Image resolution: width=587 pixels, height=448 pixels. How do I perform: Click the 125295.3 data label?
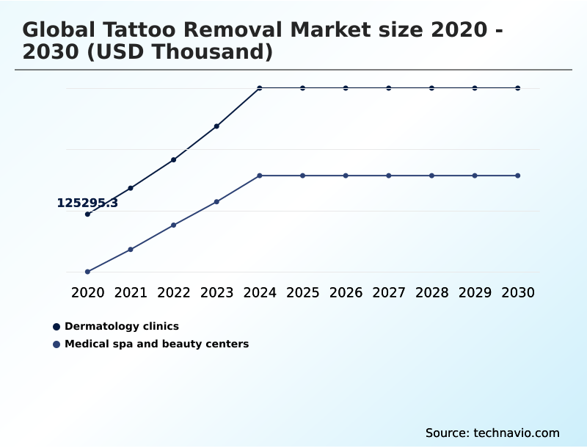(87, 203)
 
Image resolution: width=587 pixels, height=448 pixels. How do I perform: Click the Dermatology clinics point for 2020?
(87, 214)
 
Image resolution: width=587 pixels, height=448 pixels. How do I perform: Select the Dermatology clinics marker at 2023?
(216, 126)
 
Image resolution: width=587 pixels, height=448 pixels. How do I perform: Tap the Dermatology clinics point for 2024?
(260, 88)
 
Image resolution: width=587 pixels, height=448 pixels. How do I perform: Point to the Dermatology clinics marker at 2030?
(518, 88)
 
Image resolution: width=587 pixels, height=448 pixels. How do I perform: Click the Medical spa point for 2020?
(87, 272)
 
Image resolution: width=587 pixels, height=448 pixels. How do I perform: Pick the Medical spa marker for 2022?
(174, 225)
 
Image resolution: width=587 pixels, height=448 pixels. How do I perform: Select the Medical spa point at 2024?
(260, 176)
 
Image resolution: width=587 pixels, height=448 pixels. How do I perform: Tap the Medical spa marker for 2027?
(389, 176)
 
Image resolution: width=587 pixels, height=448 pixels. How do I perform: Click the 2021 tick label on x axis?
(131, 292)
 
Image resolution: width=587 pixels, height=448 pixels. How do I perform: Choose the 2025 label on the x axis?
(302, 292)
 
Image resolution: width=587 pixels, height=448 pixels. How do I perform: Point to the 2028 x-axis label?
(431, 292)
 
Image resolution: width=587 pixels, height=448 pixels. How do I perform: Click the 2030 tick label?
(518, 292)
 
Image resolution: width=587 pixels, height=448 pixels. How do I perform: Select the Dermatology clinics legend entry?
(122, 326)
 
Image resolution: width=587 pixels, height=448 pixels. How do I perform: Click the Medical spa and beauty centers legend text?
(156, 344)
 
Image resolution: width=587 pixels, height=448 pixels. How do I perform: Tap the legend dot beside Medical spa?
(56, 344)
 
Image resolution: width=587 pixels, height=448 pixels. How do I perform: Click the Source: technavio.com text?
(492, 433)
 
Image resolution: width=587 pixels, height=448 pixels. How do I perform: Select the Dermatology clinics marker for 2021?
(131, 188)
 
